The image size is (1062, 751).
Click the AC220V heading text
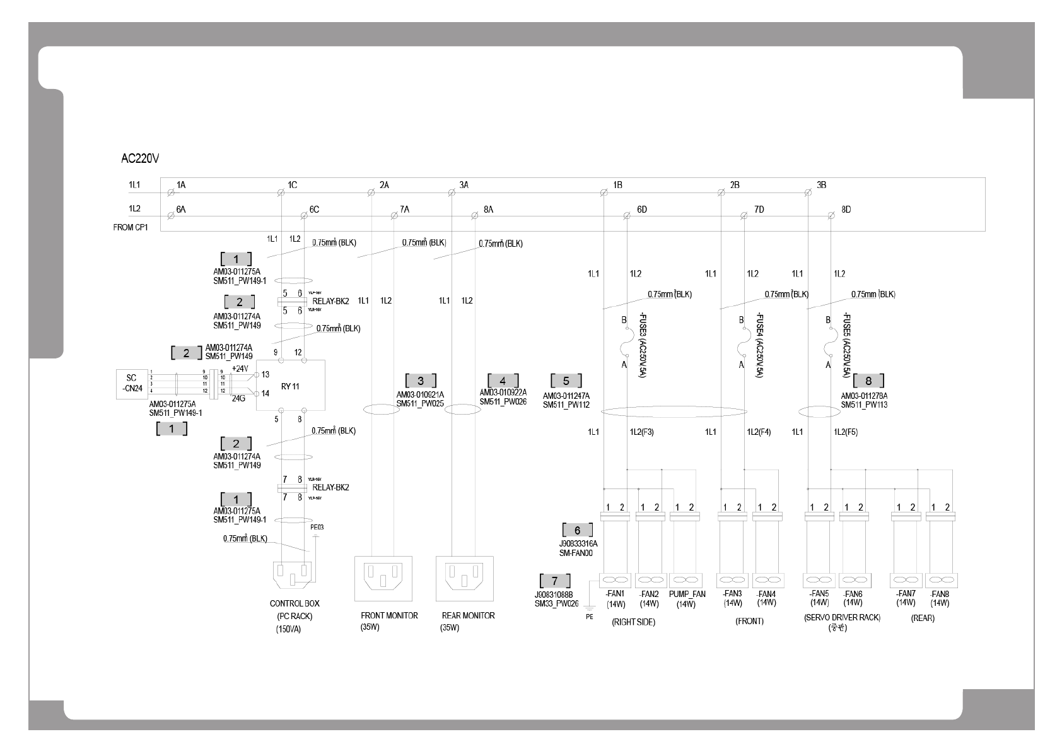click(139, 158)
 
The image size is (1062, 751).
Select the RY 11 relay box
click(290, 385)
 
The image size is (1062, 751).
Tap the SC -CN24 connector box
click(132, 383)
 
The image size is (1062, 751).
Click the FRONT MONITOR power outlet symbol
click(383, 578)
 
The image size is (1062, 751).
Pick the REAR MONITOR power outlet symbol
click(464, 578)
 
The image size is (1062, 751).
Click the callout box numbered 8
click(868, 381)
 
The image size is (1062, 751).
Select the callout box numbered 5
click(566, 381)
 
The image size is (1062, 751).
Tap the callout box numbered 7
click(555, 580)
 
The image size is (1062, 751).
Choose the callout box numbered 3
click(421, 381)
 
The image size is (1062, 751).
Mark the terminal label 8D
click(846, 210)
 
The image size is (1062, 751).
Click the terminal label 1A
click(181, 185)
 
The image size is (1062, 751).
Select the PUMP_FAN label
click(687, 594)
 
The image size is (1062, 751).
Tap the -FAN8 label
click(940, 594)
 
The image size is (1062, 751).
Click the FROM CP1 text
click(130, 227)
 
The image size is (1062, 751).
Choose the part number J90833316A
click(578, 543)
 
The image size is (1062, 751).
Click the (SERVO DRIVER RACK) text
click(842, 618)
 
